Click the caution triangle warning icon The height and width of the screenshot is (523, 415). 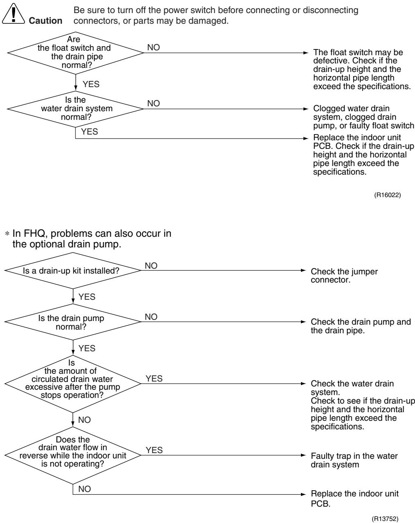(13, 14)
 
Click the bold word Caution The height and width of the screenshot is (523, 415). (45, 21)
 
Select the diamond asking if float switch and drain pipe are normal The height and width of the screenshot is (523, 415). (75, 53)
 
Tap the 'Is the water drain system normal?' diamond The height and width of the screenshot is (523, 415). (75, 109)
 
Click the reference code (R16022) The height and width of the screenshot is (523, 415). (387, 195)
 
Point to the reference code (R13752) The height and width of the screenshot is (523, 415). (385, 519)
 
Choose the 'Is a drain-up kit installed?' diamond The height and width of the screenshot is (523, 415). (73, 270)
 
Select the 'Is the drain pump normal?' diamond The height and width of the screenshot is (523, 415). (73, 322)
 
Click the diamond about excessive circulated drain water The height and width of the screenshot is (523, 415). (73, 384)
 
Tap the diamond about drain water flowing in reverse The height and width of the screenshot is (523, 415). (73, 455)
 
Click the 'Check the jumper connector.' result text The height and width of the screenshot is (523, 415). (344, 276)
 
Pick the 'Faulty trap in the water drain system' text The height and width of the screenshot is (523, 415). (354, 460)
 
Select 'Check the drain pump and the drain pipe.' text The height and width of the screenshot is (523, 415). (361, 326)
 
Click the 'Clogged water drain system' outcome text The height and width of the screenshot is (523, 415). (363, 117)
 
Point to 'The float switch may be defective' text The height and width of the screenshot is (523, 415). (362, 69)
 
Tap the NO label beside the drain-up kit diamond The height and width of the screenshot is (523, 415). (151, 266)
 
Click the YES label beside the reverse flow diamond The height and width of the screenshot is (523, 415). (154, 450)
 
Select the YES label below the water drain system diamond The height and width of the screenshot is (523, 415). (90, 132)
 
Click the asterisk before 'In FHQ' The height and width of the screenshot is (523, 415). (7, 234)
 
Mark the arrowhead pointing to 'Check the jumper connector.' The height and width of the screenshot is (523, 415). (303, 270)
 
